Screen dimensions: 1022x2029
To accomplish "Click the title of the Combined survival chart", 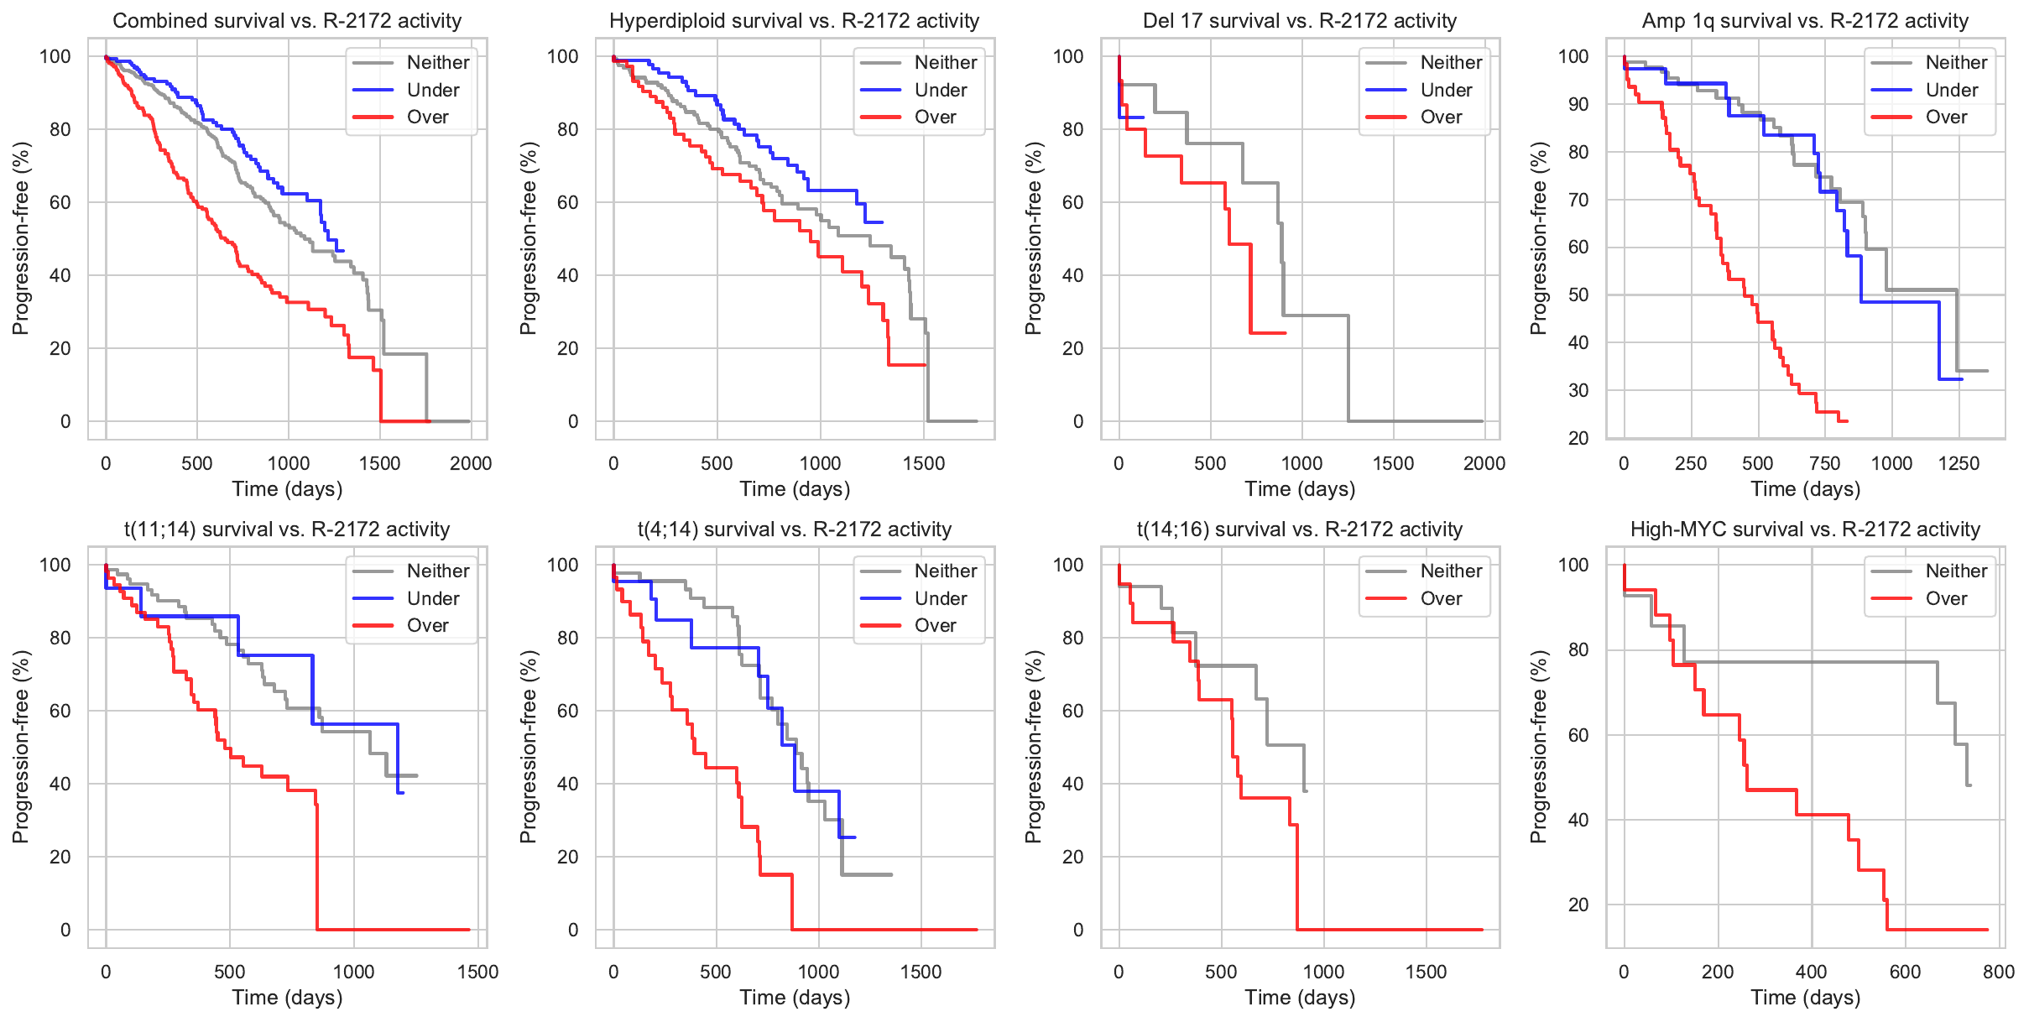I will [287, 21].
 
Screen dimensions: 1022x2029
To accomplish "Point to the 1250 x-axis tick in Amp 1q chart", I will [1959, 463].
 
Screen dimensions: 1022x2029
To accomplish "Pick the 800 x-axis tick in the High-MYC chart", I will [1999, 972].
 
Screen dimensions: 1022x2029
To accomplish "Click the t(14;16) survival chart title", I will [1299, 529].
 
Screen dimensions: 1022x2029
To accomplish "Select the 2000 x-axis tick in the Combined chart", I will [471, 463].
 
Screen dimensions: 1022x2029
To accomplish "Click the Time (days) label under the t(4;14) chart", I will [795, 998].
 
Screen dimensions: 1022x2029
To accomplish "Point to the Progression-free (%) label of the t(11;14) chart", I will [20, 747].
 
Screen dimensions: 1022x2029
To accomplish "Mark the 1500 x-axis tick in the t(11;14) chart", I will [477, 972].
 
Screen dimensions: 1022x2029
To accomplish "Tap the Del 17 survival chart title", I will [1299, 21].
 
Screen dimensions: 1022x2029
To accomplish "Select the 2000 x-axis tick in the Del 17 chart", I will [1484, 463].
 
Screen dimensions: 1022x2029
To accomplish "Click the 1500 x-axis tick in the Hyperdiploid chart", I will [924, 463].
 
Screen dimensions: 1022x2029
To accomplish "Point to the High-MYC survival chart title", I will [1805, 529].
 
